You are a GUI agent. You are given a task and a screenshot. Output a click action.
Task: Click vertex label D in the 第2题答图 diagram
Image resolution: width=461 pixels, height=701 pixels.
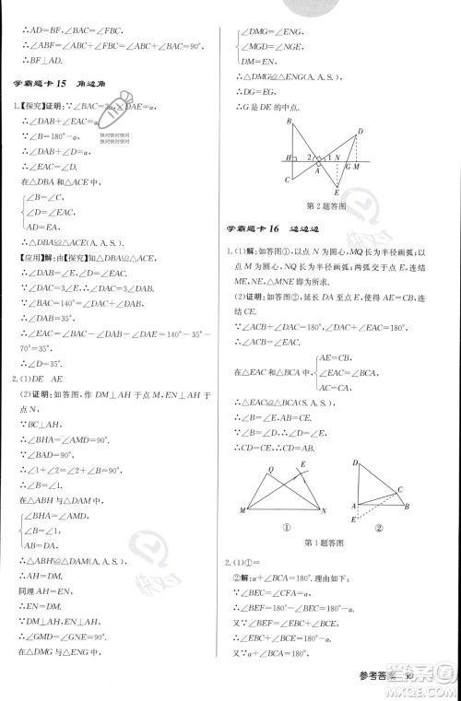tap(359, 131)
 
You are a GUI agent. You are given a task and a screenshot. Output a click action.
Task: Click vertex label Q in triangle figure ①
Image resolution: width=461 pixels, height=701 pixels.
tap(268, 467)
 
